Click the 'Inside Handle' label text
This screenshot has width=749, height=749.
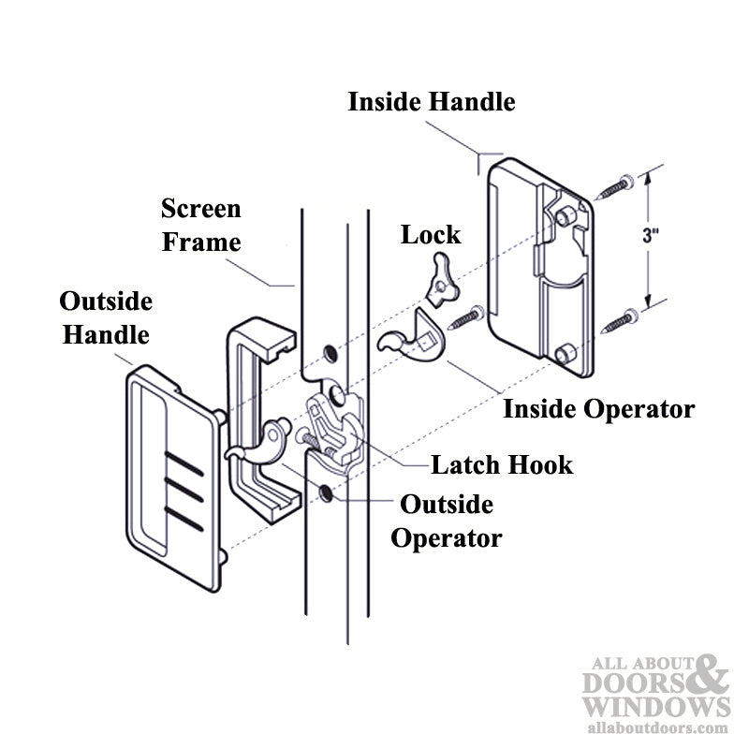(x=432, y=102)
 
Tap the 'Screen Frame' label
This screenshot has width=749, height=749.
(x=200, y=225)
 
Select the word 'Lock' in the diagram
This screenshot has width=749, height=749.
(x=431, y=234)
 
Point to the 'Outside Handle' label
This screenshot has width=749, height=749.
(x=106, y=317)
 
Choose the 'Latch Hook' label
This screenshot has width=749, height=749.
(x=501, y=464)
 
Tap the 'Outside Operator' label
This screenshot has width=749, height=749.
(x=447, y=521)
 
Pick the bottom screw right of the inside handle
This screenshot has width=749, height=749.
(x=618, y=321)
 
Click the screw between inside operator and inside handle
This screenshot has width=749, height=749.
(x=464, y=317)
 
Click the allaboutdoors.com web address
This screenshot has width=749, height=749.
(x=655, y=726)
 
